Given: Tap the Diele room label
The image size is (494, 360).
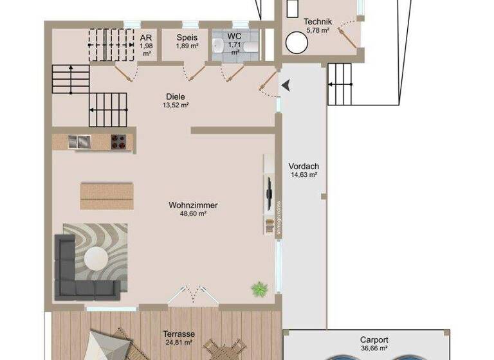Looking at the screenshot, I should coord(176,97).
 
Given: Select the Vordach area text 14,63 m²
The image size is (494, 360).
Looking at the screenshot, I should coord(304,174).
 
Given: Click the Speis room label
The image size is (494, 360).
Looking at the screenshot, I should coord(187,37).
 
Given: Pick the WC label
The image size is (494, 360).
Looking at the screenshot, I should coord(233,37).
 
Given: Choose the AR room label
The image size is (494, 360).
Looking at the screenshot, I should coord(146,37).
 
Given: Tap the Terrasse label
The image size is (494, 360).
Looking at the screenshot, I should coord(179,334).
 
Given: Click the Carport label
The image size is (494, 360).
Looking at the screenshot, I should coord(374,339).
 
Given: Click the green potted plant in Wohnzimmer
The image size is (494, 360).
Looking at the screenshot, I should coord(259,289).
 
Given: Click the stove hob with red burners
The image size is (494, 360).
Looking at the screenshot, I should coord(118,141).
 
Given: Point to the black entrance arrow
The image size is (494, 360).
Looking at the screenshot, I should coord(285,84).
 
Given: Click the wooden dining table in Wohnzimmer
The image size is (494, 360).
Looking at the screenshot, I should coord(107,195).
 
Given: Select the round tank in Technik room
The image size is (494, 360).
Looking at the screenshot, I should coord(296,44).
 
